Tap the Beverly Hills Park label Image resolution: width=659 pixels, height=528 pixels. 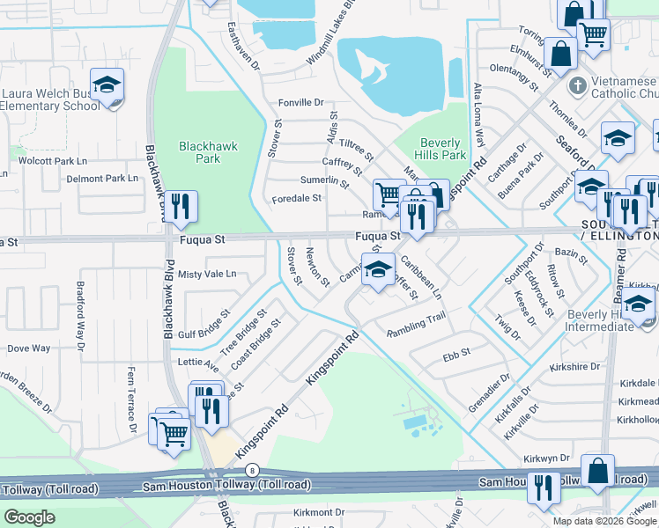tap(441, 149)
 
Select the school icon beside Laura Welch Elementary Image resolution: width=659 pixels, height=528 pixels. tap(107, 86)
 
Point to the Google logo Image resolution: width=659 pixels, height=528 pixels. tap(29, 517)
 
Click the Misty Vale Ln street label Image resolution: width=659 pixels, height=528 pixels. tap(207, 274)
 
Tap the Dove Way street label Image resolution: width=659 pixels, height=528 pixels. tap(29, 348)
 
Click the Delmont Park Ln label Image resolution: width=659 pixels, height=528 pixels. tap(103, 178)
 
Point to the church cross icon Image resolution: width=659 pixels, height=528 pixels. tap(577, 85)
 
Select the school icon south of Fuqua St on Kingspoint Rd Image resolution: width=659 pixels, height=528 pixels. tap(378, 270)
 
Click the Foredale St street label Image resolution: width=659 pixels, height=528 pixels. tap(296, 198)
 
